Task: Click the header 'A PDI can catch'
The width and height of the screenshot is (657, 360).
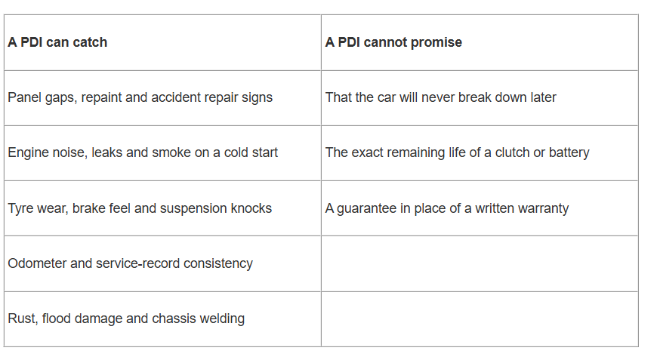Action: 57,42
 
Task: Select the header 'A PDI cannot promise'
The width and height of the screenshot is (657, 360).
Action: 393,42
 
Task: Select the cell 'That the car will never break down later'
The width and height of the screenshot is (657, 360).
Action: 441,97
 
